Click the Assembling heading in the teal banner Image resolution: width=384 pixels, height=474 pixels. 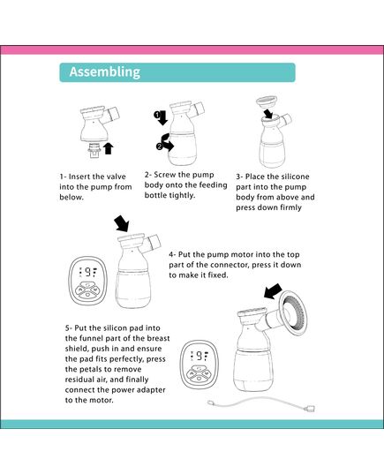[x=104, y=72]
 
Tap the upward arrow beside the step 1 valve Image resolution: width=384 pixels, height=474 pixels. [x=109, y=147]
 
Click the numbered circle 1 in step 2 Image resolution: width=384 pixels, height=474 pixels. [x=158, y=116]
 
